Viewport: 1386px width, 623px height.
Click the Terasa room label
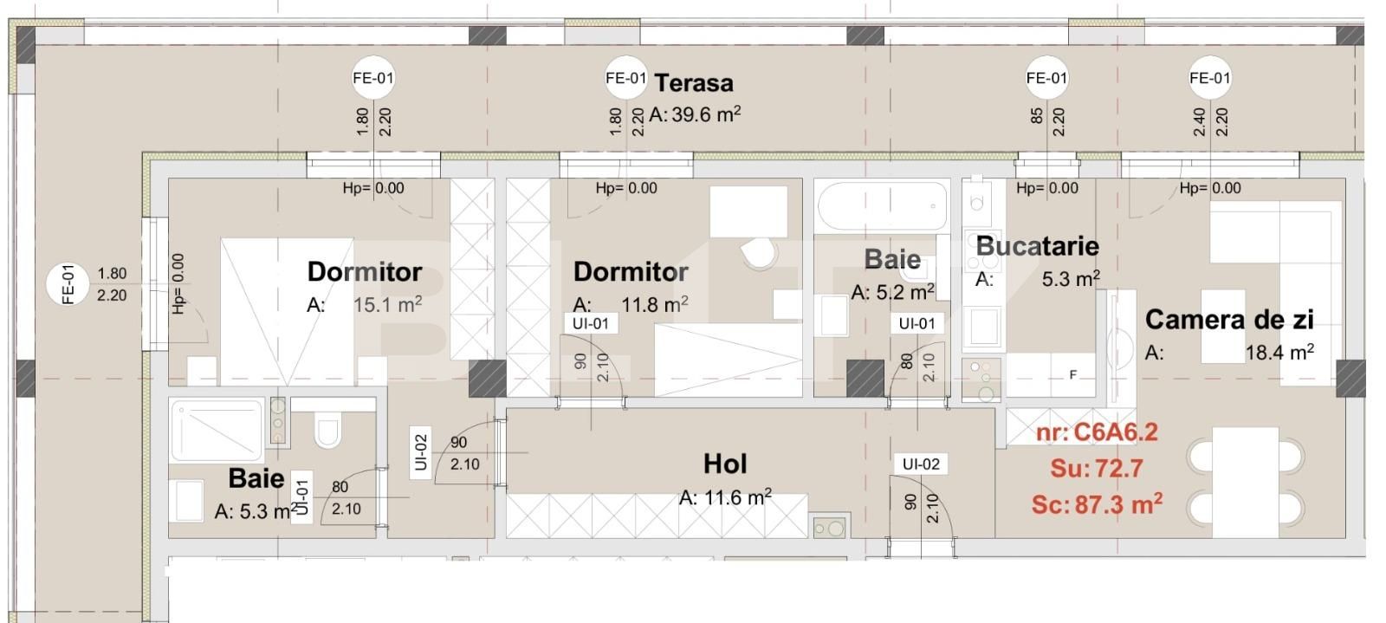tap(694, 83)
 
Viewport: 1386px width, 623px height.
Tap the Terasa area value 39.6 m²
tap(696, 114)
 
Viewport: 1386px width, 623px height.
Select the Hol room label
tap(725, 464)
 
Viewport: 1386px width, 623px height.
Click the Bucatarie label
tap(1037, 246)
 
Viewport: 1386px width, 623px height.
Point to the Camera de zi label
tap(1229, 320)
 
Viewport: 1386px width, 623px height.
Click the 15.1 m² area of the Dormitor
tap(387, 304)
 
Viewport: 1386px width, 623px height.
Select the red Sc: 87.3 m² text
tap(1097, 504)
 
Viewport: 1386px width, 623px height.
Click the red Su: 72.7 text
tap(1097, 469)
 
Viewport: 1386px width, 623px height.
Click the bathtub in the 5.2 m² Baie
tap(882, 205)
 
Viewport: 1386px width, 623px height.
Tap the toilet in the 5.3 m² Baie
tap(327, 432)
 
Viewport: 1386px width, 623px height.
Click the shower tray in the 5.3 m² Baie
tap(217, 430)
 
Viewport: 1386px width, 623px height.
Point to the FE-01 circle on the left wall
tap(69, 284)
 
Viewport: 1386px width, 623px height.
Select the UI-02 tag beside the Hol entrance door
tap(920, 464)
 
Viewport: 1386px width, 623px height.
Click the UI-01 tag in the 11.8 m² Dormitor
tap(590, 323)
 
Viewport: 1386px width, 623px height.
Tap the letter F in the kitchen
tap(1073, 375)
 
